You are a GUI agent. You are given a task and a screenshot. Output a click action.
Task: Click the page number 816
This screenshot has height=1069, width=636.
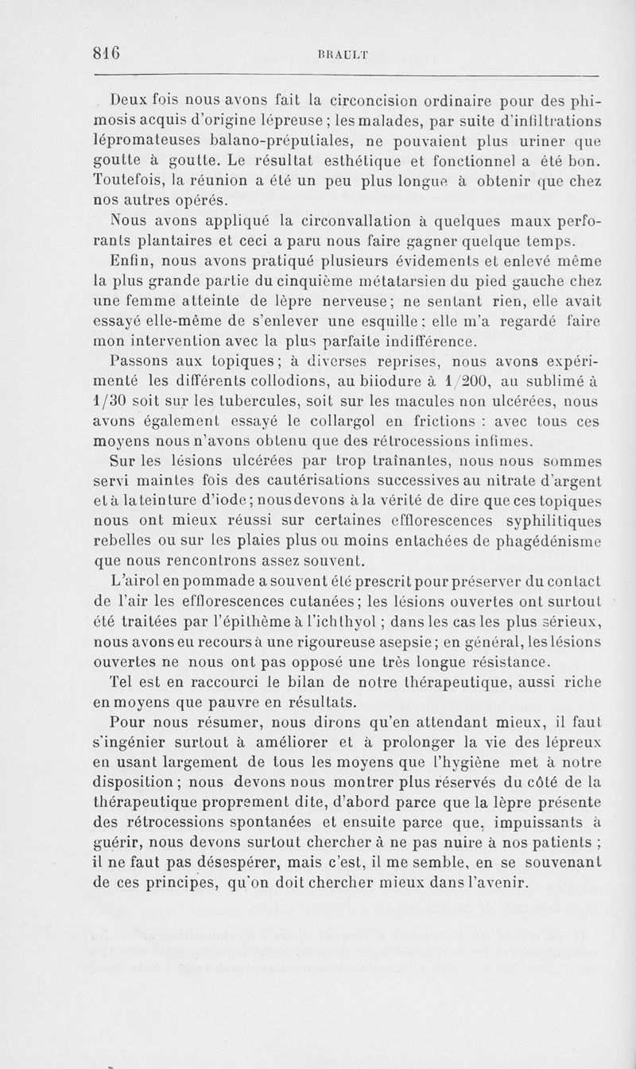[106, 54]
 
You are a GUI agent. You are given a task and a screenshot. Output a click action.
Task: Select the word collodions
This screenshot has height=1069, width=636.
[258, 382]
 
